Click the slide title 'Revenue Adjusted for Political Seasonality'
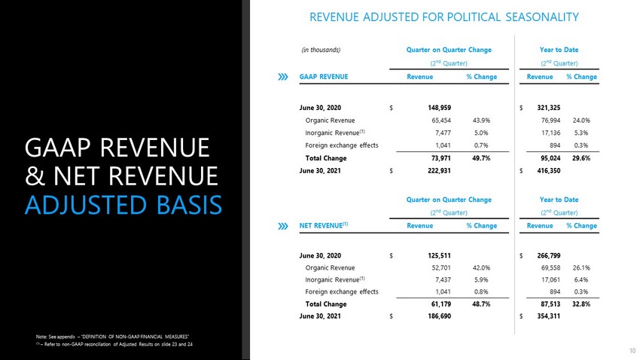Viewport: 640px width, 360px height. pos(444,17)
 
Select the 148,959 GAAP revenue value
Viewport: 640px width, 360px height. pos(439,108)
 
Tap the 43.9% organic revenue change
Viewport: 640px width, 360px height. pos(481,121)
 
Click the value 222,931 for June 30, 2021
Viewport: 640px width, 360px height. pos(439,171)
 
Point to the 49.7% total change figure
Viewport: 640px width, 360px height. pos(481,158)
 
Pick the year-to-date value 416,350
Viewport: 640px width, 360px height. pos(549,171)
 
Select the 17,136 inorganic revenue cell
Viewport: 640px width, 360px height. pos(550,133)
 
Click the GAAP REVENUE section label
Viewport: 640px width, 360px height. pos(324,77)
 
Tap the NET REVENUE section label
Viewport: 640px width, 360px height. pos(324,225)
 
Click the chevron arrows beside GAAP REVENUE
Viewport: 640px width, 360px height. pos(283,77)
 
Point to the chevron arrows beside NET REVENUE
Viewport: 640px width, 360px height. pos(283,226)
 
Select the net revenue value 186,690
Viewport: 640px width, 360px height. pos(439,316)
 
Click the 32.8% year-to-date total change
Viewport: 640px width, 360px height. pos(581,304)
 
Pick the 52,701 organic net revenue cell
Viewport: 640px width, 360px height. pos(441,268)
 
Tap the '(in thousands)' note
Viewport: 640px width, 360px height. pos(321,50)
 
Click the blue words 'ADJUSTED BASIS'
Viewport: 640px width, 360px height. pos(123,205)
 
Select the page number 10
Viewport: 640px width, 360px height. pos(632,351)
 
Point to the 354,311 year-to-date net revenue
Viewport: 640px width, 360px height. pos(549,316)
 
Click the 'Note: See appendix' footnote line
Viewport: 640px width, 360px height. pos(112,337)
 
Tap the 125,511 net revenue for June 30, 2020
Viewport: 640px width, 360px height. pos(439,255)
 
